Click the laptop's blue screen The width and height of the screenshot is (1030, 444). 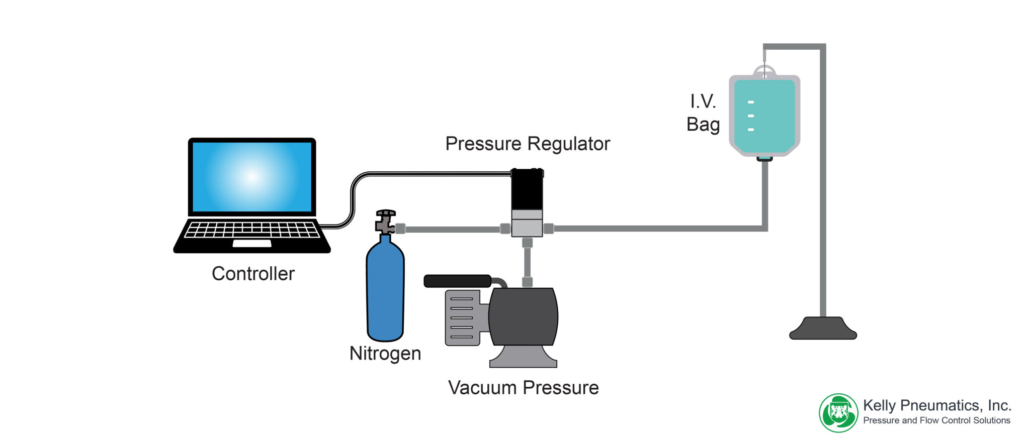(x=252, y=177)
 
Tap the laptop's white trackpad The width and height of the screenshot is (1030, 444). (x=251, y=244)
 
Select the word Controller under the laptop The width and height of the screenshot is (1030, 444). (x=253, y=274)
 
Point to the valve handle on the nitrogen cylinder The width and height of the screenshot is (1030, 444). (x=386, y=213)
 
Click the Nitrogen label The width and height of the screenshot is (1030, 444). (x=385, y=354)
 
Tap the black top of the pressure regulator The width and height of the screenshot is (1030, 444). (x=527, y=189)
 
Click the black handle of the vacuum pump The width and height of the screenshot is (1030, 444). (x=458, y=281)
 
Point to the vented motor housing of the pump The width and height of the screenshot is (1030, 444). (x=462, y=317)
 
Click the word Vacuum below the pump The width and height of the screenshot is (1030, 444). (x=482, y=388)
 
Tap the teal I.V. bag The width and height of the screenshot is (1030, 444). (x=764, y=116)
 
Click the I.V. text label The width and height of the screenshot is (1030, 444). (x=703, y=102)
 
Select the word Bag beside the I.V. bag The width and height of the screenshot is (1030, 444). (x=703, y=125)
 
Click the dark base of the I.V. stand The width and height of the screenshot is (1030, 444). (x=823, y=328)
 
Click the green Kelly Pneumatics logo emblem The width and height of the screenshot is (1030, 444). (x=838, y=413)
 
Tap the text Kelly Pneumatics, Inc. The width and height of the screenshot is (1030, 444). (x=937, y=405)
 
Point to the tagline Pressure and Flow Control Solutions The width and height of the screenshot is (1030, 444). (x=936, y=420)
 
